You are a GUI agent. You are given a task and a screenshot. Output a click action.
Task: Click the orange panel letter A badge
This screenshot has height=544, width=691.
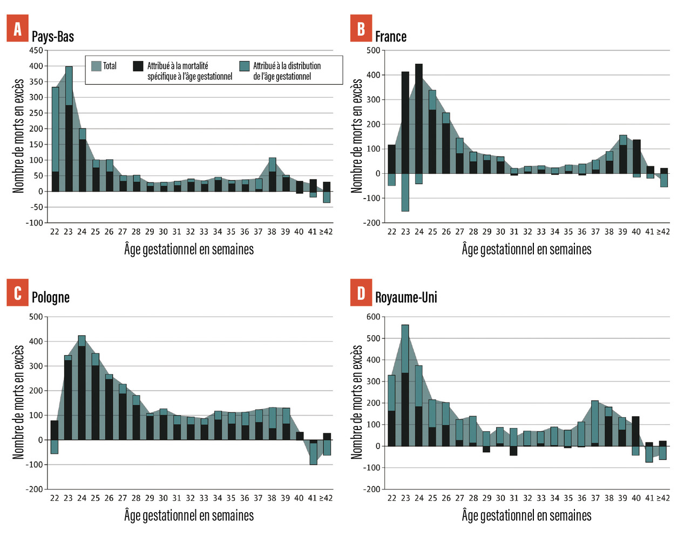click(x=17, y=29)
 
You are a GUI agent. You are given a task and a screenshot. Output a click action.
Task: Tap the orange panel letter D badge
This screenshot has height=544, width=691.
click(x=361, y=293)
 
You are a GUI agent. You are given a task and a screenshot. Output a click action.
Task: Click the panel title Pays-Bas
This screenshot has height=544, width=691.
click(x=53, y=37)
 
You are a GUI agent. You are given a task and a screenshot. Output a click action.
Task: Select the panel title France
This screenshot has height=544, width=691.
click(x=391, y=37)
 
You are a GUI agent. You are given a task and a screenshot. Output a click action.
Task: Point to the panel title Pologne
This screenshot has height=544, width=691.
click(x=51, y=297)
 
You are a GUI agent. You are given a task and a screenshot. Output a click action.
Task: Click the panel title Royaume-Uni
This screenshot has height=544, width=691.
click(x=406, y=297)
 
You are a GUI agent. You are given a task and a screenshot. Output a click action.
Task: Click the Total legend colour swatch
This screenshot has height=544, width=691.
click(x=97, y=66)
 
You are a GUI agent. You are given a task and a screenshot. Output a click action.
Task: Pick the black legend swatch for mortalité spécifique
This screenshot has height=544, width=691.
click(x=138, y=66)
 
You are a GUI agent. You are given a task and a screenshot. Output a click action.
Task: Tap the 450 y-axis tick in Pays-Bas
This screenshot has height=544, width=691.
click(x=36, y=51)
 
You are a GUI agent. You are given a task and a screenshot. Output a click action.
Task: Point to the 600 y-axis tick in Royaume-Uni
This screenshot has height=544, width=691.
click(x=374, y=317)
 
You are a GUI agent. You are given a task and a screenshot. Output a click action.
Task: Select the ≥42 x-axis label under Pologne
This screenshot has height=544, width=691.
click(x=326, y=498)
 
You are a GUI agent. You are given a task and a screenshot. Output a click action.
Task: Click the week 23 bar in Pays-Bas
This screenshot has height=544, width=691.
click(x=69, y=130)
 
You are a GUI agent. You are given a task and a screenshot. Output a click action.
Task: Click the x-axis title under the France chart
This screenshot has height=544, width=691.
click(x=526, y=249)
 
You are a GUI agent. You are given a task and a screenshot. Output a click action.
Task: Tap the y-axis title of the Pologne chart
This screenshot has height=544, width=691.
click(x=19, y=403)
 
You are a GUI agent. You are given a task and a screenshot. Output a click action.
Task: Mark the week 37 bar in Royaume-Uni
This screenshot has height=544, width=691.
click(x=595, y=424)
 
